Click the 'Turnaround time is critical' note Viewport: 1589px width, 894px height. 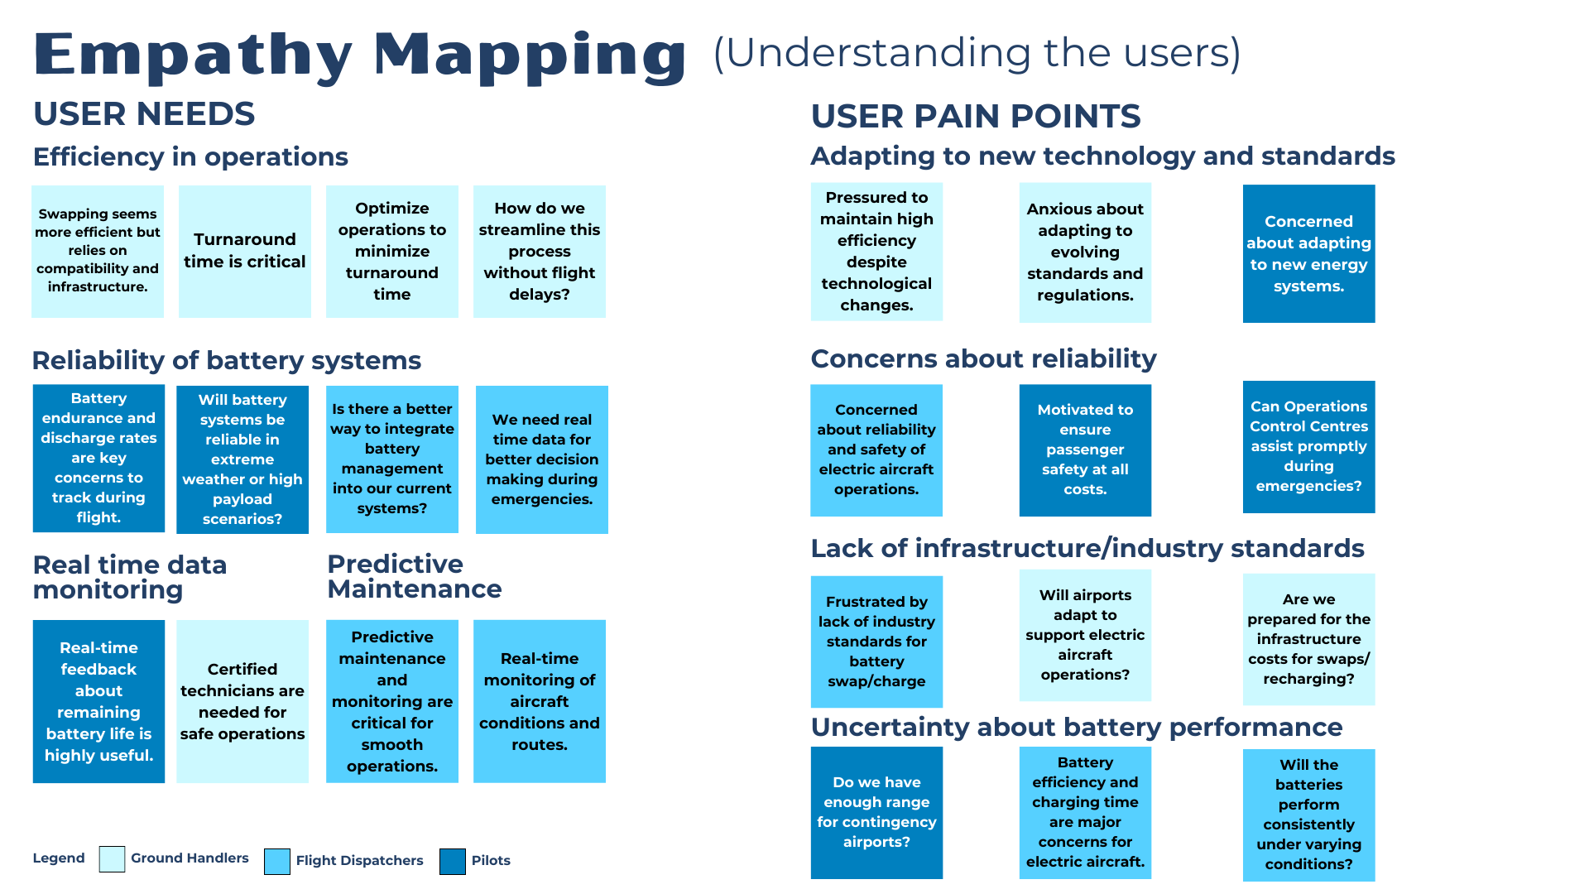tap(244, 251)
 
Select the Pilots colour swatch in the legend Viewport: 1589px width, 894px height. tap(452, 861)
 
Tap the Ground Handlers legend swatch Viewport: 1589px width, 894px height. tap(112, 859)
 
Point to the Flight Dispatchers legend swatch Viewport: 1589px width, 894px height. tap(277, 861)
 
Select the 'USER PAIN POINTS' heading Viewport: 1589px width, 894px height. tap(976, 117)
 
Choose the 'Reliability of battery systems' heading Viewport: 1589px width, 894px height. tap(227, 361)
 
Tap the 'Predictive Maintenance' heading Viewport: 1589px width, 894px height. tap(415, 576)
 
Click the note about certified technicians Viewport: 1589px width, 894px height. tap(242, 701)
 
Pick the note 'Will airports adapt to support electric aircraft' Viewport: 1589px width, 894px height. tap(1085, 635)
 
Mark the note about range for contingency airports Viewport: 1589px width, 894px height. tap(876, 812)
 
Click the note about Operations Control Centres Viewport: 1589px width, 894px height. tap(1308, 447)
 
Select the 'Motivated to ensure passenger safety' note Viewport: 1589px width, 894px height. tap(1085, 449)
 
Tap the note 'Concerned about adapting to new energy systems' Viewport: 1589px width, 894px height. tap(1308, 253)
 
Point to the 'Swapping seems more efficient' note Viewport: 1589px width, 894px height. tap(98, 251)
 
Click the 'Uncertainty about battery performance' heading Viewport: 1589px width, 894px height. tap(1076, 728)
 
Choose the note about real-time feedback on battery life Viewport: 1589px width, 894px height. tap(98, 701)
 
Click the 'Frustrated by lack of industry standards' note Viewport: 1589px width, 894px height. tap(876, 642)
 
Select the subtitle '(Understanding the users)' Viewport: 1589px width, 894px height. tap(977, 53)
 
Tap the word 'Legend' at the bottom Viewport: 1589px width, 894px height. tap(59, 858)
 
